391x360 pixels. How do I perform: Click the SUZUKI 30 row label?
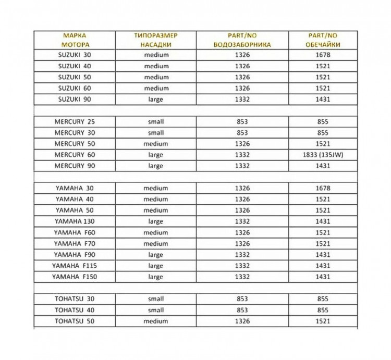pos(75,54)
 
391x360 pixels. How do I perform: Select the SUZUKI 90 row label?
pos(75,99)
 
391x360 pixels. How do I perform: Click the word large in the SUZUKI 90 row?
pos(155,99)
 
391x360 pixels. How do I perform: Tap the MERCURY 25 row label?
pos(75,121)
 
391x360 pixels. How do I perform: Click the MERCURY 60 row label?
pos(75,155)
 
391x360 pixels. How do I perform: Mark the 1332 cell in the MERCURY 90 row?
pos(242,166)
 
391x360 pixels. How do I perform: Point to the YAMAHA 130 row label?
pos(75,221)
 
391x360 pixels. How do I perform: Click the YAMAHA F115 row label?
pos(75,266)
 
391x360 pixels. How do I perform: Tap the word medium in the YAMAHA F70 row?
pos(155,243)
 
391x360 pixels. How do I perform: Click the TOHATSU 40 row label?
pos(75,310)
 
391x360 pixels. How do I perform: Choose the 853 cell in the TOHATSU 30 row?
pos(242,299)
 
